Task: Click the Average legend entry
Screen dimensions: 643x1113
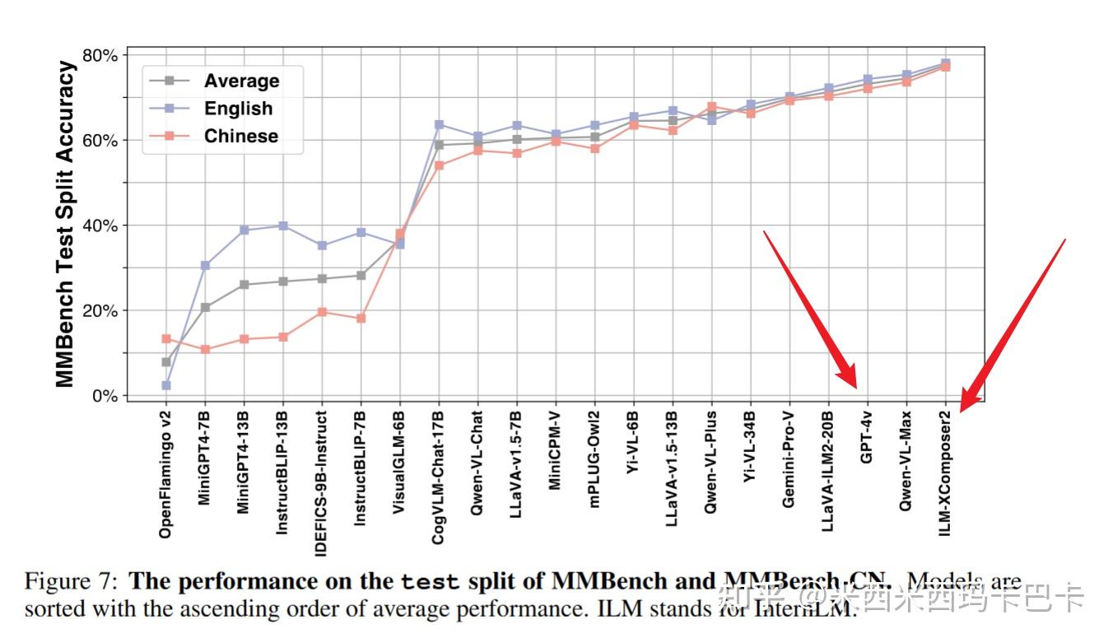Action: pos(240,81)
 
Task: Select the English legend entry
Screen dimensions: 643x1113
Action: pos(238,109)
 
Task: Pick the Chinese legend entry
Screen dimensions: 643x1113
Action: pos(240,137)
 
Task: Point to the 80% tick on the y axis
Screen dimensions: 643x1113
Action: pos(99,56)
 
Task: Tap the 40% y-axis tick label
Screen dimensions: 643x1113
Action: pos(99,226)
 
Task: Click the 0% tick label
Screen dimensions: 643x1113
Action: pos(104,396)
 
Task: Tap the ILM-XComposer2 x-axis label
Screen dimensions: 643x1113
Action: pos(945,469)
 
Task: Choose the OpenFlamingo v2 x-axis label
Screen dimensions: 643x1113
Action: pos(166,473)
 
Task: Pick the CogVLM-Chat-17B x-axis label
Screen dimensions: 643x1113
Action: pos(439,477)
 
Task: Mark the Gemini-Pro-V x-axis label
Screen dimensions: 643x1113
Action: pos(789,460)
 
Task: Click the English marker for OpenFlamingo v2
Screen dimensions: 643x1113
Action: pos(166,385)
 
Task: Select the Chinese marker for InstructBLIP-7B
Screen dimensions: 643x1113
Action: pos(361,318)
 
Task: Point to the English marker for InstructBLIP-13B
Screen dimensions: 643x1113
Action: pos(282,226)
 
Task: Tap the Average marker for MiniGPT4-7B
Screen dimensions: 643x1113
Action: pos(205,307)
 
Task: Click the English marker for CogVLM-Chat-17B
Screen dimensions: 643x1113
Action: pos(439,124)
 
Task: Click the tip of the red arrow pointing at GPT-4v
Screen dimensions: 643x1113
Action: pos(855,387)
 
